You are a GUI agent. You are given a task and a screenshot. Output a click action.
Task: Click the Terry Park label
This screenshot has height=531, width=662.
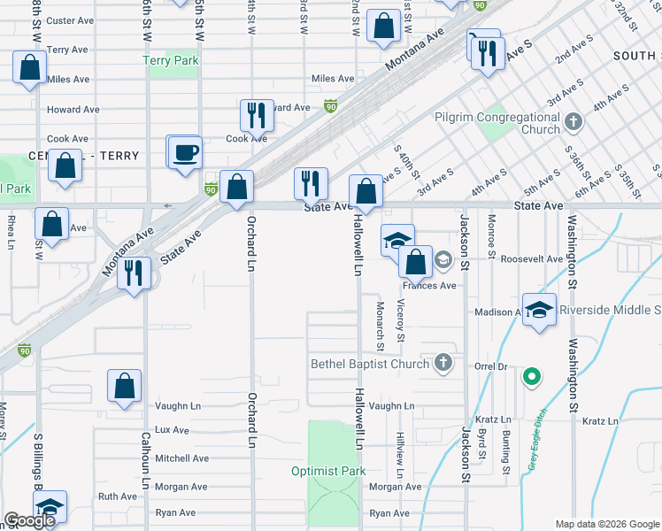tap(171, 60)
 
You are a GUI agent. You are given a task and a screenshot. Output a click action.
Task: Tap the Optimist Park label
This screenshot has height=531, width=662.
tap(328, 471)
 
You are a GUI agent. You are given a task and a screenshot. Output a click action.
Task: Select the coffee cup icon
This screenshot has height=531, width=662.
tap(185, 151)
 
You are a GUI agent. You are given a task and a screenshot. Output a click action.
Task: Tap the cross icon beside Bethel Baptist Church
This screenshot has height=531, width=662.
tap(443, 363)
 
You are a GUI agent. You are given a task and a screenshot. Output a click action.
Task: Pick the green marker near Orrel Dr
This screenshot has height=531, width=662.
tap(531, 377)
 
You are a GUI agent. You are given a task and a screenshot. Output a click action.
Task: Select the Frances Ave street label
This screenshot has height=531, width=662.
tap(429, 286)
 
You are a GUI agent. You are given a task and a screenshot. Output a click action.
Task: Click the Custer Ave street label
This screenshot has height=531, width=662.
tap(72, 20)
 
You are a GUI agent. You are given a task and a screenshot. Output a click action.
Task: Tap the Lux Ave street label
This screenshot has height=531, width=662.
tap(172, 430)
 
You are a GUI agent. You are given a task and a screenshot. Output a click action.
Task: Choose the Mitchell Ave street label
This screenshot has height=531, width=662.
tap(181, 458)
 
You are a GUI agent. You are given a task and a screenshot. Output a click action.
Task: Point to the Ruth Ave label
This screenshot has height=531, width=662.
tap(117, 496)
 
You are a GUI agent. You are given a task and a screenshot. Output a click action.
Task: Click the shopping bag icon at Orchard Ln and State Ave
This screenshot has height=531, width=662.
tap(236, 188)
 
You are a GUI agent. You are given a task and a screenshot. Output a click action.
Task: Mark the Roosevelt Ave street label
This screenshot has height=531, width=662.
tap(531, 259)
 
